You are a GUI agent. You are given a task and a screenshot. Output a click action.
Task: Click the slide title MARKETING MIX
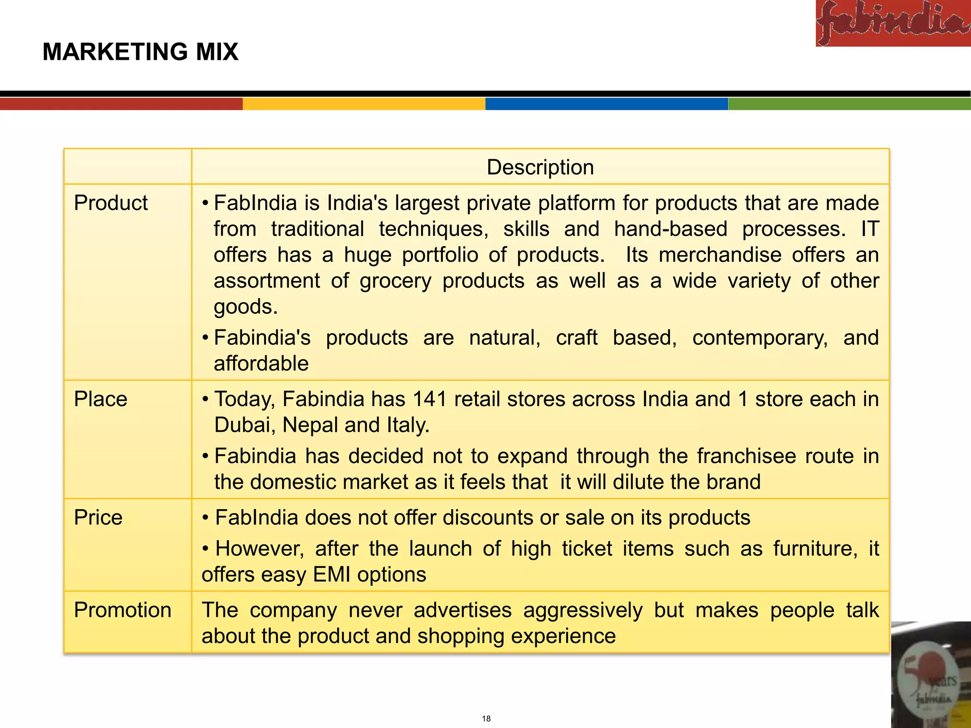(x=140, y=52)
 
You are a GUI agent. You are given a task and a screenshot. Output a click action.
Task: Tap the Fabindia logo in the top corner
(x=893, y=23)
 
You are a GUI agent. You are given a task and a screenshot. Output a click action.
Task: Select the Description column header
(x=540, y=167)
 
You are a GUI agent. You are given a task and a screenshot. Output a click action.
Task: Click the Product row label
(x=111, y=203)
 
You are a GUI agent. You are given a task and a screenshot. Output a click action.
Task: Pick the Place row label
(x=101, y=399)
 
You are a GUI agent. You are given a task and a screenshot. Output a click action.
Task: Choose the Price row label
(x=98, y=518)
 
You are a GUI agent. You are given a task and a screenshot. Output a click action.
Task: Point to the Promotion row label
(x=122, y=610)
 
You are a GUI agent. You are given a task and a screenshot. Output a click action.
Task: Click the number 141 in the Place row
(x=430, y=399)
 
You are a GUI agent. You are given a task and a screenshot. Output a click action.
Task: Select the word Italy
(x=407, y=425)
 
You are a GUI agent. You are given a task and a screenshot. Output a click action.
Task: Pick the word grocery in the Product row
(x=395, y=281)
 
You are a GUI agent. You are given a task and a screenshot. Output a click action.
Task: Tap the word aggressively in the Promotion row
(x=583, y=610)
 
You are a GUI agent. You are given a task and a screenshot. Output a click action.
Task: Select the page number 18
(x=486, y=719)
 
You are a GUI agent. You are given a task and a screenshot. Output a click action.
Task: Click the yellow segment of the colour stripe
(x=364, y=104)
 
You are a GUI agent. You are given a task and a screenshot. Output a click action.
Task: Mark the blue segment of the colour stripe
(x=606, y=104)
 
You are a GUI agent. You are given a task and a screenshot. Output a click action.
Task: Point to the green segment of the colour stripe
(x=849, y=104)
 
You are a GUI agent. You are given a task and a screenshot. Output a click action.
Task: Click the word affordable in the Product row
(x=261, y=364)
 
